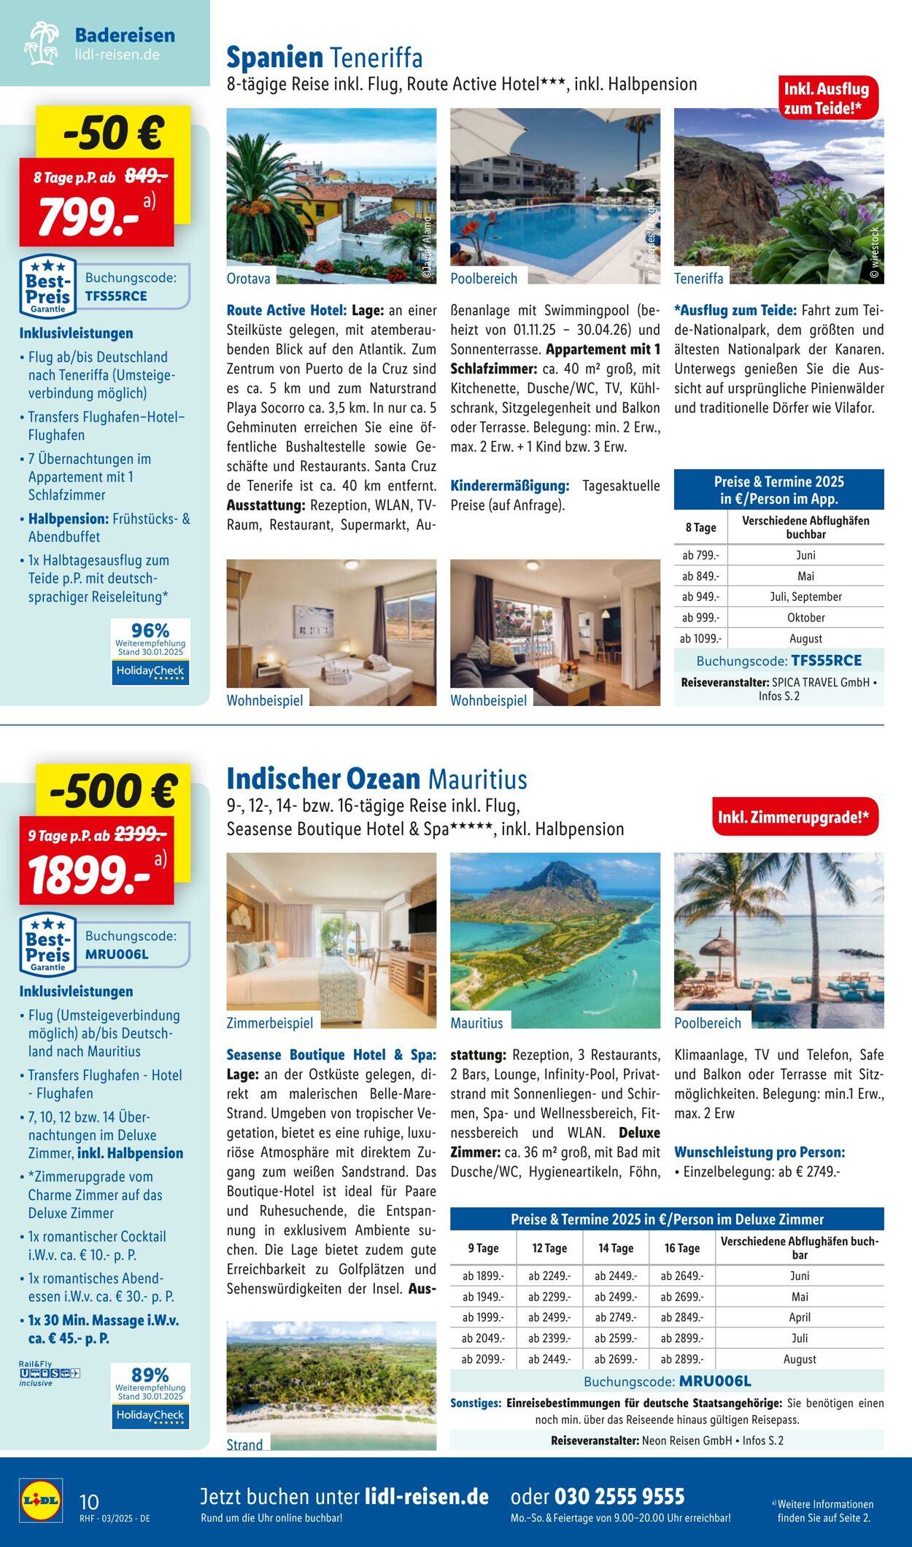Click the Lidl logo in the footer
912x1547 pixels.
41,1500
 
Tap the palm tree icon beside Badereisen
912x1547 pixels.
42,43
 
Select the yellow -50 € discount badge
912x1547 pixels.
113,132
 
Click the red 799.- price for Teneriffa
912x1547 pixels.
89,217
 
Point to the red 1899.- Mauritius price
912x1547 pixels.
89,875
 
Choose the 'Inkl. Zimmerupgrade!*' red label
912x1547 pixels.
794,817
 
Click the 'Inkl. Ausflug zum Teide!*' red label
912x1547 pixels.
827,98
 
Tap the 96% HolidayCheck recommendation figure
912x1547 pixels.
150,630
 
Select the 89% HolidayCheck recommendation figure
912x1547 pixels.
150,1375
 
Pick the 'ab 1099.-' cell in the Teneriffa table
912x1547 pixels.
700,639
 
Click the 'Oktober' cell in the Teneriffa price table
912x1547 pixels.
805,618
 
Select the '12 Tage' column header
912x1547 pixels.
549,1248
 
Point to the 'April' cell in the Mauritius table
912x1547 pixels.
800,1317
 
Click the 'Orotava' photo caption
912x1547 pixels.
249,278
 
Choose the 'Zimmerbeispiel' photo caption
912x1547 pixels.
270,1023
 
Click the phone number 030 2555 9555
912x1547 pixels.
619,1497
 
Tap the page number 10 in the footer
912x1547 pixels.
88,1502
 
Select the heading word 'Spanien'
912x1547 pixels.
274,58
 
